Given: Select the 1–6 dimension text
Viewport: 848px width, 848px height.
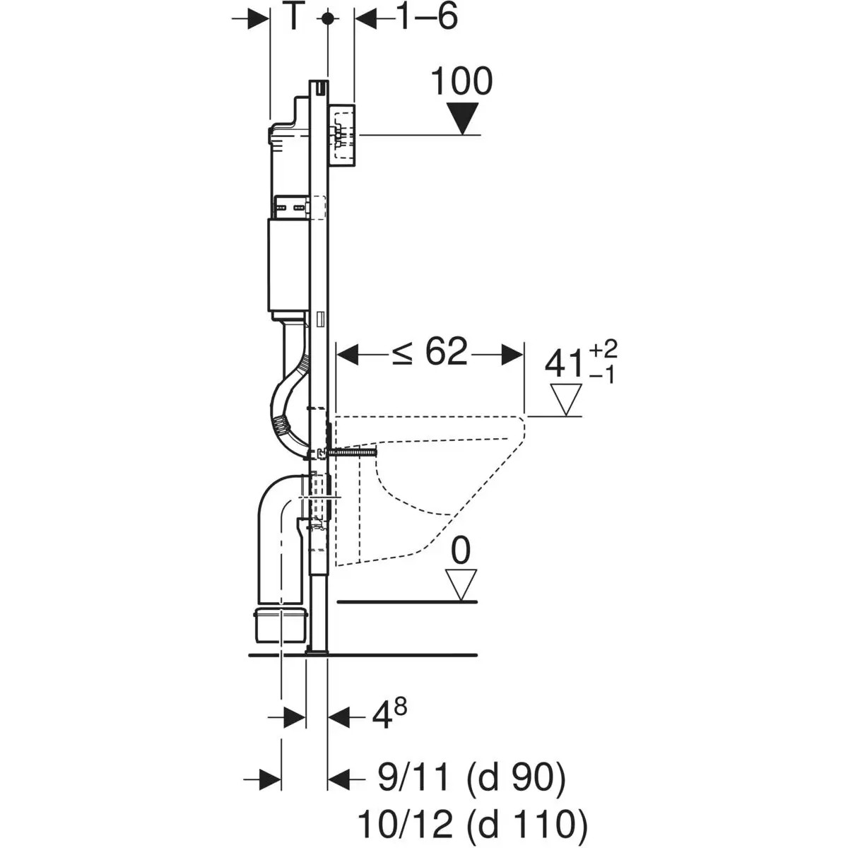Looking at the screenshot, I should (x=425, y=17).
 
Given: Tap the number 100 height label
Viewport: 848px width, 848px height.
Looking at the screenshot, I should (x=461, y=82).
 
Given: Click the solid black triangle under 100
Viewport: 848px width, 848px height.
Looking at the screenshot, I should (x=463, y=117).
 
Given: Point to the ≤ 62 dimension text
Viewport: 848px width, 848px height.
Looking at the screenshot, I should (x=430, y=351).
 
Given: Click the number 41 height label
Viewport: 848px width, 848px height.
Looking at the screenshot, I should (x=565, y=365).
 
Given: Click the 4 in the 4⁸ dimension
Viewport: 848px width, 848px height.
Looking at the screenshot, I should (x=382, y=717).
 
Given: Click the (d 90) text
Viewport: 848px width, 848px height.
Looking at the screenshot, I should (x=516, y=779).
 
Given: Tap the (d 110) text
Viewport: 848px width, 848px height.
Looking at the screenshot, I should (x=527, y=823).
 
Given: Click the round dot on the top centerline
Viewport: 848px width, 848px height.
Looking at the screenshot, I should (x=327, y=19).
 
